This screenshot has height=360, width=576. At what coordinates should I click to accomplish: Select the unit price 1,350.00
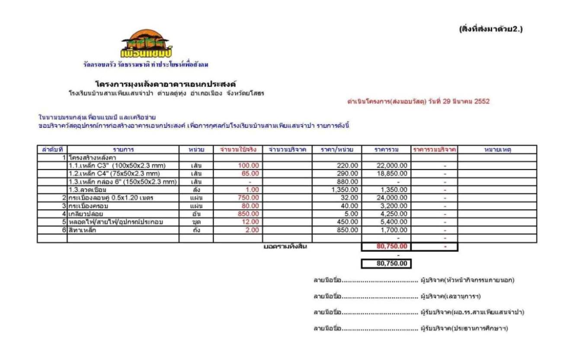345,190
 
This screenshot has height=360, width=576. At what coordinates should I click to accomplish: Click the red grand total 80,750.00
392,247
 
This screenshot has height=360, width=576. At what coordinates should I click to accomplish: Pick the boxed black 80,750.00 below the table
386,264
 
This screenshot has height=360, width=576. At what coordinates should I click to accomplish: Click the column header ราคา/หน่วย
337,150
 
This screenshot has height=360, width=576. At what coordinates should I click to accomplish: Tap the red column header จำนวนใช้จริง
238,150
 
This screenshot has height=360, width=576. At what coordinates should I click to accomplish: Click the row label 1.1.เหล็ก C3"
117,166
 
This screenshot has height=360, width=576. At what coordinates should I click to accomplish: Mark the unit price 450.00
348,222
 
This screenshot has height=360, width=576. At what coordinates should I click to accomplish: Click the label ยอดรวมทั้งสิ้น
285,247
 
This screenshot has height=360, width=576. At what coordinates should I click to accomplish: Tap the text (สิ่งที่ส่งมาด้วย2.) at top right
491,30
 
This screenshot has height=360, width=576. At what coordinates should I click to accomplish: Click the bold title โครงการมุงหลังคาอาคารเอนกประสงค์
166,84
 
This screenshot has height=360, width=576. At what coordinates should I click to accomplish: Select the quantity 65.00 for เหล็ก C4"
251,173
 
